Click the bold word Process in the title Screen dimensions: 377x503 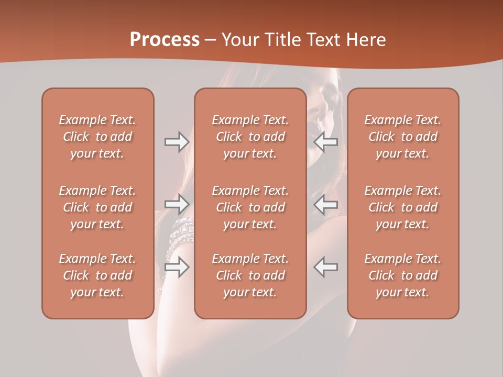tap(165, 40)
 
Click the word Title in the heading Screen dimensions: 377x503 tap(283, 40)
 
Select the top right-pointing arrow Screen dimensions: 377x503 tap(177, 142)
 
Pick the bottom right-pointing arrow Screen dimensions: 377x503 tap(177, 267)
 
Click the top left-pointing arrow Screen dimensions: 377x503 tap(326, 142)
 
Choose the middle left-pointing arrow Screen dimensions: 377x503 tap(326, 204)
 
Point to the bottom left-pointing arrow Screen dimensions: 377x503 tap(326, 267)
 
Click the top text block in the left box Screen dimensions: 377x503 tap(97, 137)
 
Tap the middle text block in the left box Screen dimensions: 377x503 tap(97, 207)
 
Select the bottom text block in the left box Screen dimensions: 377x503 tap(97, 275)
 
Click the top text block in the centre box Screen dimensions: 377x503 tap(250, 137)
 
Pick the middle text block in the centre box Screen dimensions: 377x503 tap(250, 207)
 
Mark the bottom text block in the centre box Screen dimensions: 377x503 tap(250, 275)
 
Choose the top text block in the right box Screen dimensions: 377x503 tap(403, 137)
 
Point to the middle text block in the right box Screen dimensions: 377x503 tap(403, 207)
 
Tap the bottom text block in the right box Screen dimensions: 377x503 tap(403, 275)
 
